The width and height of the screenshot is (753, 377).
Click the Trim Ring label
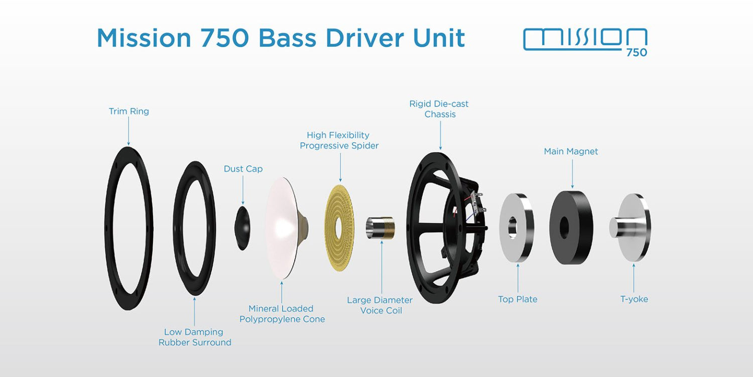(x=129, y=111)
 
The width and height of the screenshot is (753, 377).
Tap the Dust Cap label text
(x=243, y=169)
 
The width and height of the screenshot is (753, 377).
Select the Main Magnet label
(x=571, y=151)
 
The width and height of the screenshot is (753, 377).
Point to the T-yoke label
(x=634, y=299)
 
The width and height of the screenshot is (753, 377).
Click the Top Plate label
(x=518, y=299)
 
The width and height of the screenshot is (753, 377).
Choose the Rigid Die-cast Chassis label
(x=439, y=109)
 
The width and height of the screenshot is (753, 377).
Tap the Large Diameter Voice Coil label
(x=380, y=305)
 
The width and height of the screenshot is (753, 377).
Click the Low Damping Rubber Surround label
(x=195, y=337)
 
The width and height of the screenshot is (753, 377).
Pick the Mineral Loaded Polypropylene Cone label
(x=282, y=314)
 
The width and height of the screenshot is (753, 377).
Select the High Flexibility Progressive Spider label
(x=339, y=140)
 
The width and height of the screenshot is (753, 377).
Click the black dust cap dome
(x=242, y=228)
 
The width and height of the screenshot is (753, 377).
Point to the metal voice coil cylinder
(x=380, y=228)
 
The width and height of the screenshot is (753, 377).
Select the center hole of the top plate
(x=513, y=227)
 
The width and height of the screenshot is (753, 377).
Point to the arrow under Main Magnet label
(x=572, y=173)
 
